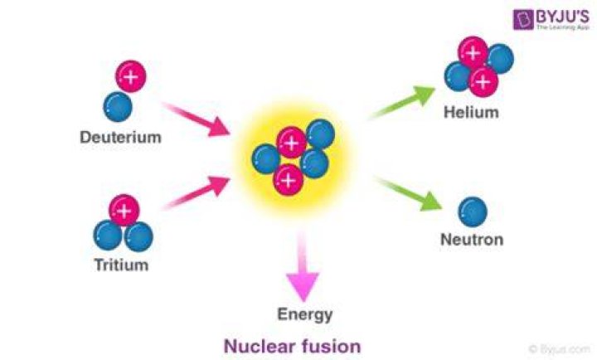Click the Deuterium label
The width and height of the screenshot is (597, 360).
tap(120, 137)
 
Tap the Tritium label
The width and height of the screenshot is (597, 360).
tap(121, 265)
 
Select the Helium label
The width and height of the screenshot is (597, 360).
tap(471, 112)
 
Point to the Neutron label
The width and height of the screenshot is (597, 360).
tap(472, 239)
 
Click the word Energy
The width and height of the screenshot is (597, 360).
tap(305, 314)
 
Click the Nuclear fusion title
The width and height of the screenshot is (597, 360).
tap(292, 346)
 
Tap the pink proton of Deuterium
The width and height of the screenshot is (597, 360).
tap(131, 76)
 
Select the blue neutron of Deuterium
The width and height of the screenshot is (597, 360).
tap(118, 107)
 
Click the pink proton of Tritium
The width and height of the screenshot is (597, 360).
tap(124, 211)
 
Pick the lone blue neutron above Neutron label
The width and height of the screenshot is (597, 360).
tap(473, 212)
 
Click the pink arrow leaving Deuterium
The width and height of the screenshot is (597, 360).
tap(196, 119)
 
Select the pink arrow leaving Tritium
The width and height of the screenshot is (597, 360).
tap(197, 192)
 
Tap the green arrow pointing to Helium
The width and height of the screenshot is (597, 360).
tap(401, 102)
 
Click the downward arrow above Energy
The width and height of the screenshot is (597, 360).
tap(303, 265)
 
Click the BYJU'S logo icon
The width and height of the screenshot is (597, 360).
tap(523, 20)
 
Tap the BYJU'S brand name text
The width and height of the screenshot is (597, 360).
tap(563, 17)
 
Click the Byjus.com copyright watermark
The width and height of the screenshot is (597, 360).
tap(559, 349)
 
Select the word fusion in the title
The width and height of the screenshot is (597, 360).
tap(331, 346)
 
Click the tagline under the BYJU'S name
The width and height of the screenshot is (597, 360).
tap(563, 27)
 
